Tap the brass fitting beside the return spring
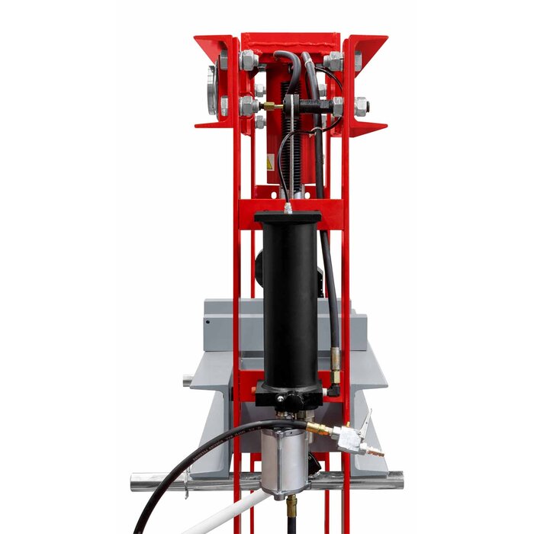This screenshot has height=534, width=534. (x=272, y=105)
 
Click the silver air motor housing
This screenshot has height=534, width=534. (x=285, y=462)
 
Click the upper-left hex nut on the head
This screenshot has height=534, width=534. (x=249, y=60)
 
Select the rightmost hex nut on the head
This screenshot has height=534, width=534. (x=360, y=106)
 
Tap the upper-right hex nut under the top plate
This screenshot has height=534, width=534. (x=333, y=60)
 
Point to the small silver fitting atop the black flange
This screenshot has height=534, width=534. (x=288, y=207)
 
